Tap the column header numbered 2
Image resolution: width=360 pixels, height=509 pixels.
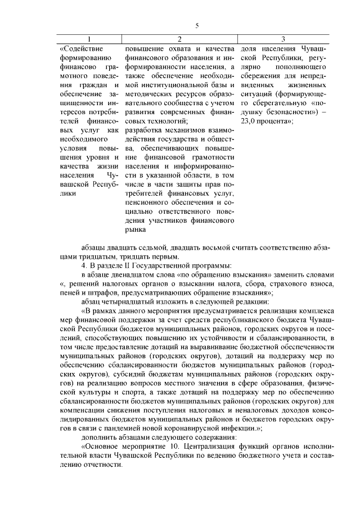179,39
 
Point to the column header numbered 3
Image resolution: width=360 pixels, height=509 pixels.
283,39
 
